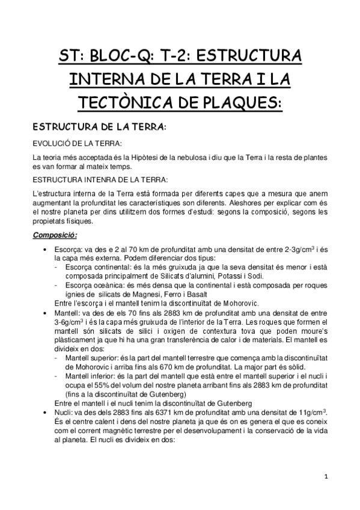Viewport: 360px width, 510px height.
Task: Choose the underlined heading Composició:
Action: (55, 235)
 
